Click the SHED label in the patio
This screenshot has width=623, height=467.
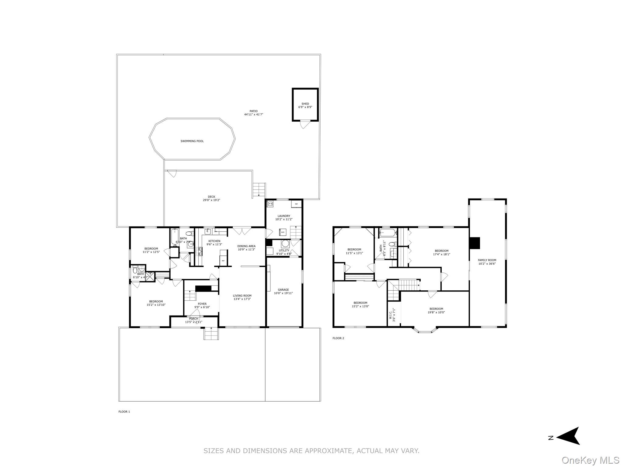[x=305, y=104]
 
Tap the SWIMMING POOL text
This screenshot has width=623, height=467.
[x=192, y=141]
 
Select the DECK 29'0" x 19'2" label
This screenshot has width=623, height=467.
[x=211, y=199]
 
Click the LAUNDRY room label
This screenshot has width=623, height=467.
[x=284, y=216]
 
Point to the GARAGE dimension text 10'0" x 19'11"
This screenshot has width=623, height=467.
[x=283, y=293]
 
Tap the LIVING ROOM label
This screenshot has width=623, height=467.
[x=242, y=296]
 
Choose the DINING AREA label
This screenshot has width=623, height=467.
[x=246, y=246]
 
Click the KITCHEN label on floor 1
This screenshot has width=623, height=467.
[x=214, y=241]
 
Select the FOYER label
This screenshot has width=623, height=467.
[x=202, y=304]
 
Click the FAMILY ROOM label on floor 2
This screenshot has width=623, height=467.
[x=487, y=260]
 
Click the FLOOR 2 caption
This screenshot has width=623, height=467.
[x=338, y=338]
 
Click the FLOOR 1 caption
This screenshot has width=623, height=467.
[x=124, y=412]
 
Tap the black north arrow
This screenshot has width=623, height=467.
[x=568, y=444]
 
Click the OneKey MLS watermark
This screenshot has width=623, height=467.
[x=590, y=460]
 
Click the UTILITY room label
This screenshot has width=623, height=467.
[x=284, y=251]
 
